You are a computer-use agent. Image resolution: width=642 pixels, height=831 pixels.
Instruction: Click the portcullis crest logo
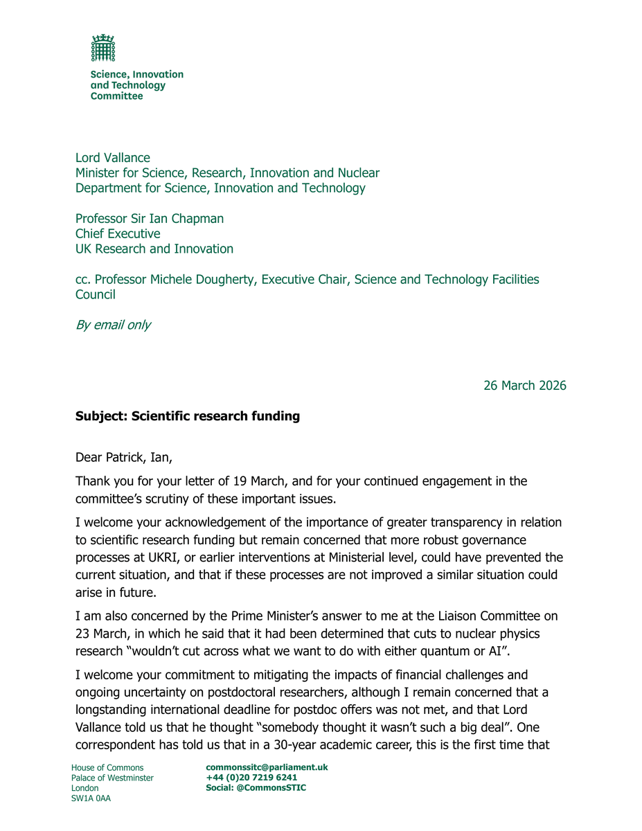[x=103, y=48]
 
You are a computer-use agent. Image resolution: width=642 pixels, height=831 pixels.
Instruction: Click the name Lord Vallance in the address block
[x=113, y=158]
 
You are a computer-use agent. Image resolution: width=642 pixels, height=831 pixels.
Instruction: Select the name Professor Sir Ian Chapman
[x=150, y=219]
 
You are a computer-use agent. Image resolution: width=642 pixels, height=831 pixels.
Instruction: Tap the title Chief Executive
[x=118, y=234]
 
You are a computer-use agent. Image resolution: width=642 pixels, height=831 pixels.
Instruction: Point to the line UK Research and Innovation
[x=154, y=249]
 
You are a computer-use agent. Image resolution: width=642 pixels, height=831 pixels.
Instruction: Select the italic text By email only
[x=113, y=325]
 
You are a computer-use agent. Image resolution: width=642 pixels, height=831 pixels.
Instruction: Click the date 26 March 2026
[x=524, y=386]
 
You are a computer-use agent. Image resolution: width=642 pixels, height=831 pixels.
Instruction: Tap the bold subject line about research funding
[x=188, y=417]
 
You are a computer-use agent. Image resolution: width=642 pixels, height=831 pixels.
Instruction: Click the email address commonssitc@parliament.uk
[x=267, y=767]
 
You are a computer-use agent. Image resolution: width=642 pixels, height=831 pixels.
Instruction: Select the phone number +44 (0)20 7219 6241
[x=251, y=778]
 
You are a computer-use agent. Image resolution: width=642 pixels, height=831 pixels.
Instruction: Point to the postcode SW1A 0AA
[x=91, y=798]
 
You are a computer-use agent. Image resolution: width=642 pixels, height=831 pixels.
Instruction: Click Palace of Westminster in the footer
[x=112, y=778]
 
